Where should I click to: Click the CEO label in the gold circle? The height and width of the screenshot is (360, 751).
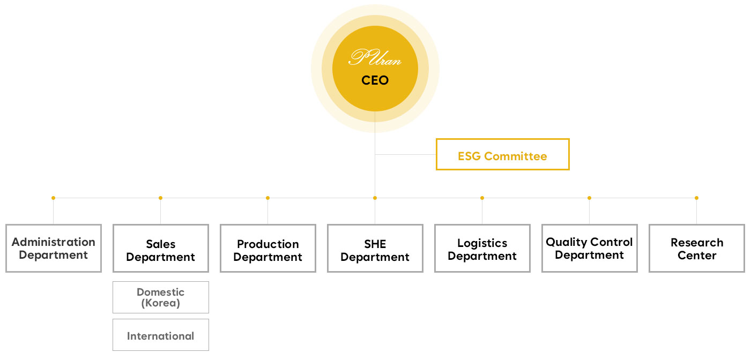point(375,81)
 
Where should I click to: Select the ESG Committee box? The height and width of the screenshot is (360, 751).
point(502,154)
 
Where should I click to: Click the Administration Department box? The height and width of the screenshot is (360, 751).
point(54,249)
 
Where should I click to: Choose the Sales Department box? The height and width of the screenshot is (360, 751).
point(161,249)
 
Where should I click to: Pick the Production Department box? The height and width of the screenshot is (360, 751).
point(268,249)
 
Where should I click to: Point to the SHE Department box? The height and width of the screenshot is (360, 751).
point(375,249)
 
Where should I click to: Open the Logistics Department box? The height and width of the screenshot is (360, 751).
point(482,249)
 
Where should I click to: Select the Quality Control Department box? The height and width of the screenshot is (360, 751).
point(590,249)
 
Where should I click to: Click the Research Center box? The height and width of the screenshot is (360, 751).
point(697,249)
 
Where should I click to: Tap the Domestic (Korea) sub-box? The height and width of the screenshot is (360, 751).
point(161,297)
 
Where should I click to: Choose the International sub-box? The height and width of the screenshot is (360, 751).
point(161,335)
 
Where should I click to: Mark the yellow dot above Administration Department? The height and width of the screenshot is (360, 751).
point(53,198)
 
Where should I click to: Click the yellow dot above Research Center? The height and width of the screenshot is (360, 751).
point(696,198)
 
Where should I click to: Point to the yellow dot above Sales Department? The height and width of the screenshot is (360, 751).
point(160,198)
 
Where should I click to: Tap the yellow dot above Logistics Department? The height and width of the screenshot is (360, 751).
point(482,198)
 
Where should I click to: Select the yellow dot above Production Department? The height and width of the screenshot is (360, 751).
point(267,198)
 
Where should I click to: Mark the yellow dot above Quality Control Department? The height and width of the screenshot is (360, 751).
point(589,198)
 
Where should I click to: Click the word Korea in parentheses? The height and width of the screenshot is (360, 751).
point(161,303)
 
